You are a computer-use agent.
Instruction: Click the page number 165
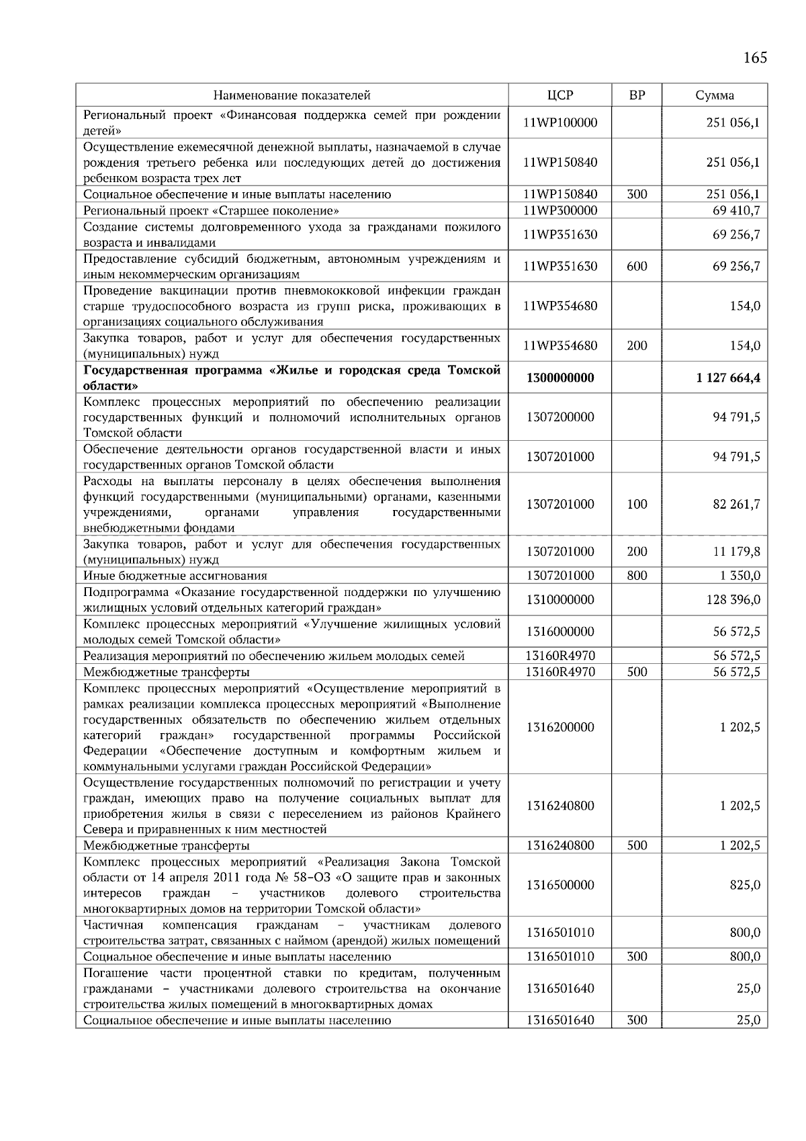[755, 58]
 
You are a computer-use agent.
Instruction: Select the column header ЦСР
[560, 95]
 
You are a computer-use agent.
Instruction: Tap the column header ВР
[637, 95]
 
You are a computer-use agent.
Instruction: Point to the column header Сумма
[715, 95]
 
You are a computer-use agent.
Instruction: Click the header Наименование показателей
[292, 95]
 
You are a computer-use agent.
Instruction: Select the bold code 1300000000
[560, 378]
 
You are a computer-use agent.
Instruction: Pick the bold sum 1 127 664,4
[728, 378]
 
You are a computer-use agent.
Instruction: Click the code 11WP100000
[560, 123]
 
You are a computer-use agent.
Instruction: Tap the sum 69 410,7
[736, 210]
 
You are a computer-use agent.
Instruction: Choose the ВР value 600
[637, 267]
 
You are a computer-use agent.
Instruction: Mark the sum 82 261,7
[736, 504]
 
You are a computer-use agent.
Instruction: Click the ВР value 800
[637, 576]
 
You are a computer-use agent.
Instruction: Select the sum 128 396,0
[733, 599]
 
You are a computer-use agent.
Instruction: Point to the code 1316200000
[560, 727]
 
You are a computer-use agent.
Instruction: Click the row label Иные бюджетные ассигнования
[175, 576]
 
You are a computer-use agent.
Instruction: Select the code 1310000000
[560, 599]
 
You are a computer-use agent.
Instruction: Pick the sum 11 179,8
[736, 552]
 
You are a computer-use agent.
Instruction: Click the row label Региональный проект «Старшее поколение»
[211, 210]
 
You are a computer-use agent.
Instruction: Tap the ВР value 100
[637, 504]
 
